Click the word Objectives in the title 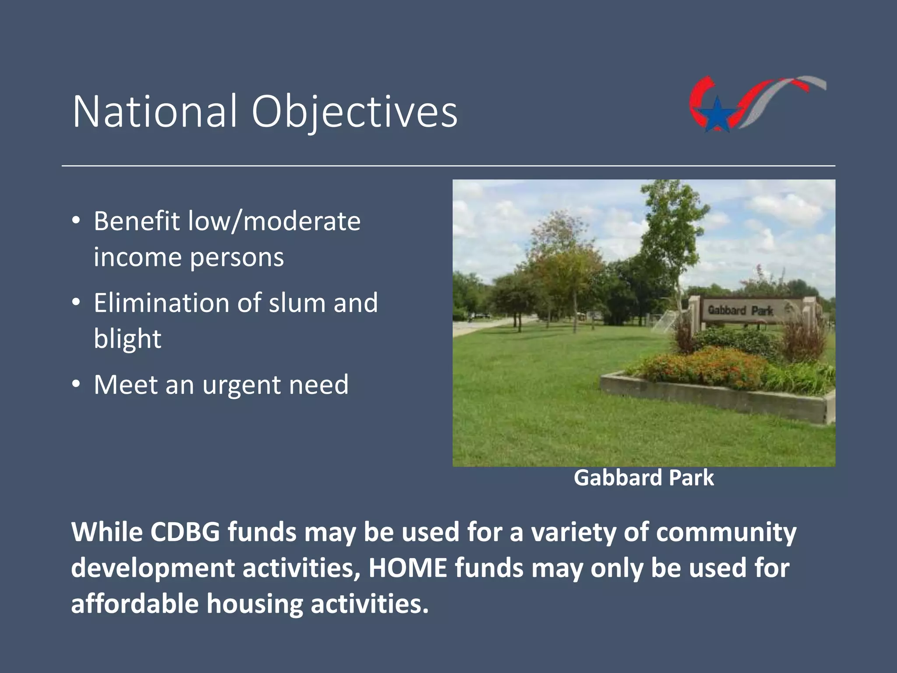[x=354, y=112]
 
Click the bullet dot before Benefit [x=76, y=220]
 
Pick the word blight [x=127, y=339]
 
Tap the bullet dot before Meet [x=76, y=384]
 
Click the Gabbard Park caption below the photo [x=643, y=478]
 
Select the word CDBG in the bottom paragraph [x=185, y=532]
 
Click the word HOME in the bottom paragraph [x=408, y=568]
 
